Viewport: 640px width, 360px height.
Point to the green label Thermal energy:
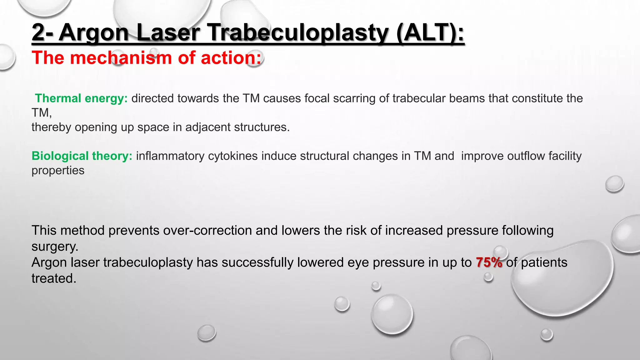tap(81, 98)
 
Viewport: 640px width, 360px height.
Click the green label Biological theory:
tap(82, 156)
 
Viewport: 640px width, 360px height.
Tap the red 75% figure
tap(489, 262)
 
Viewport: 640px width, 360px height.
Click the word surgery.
tap(55, 247)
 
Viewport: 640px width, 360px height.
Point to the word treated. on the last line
tap(54, 278)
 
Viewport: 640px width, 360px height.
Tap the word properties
tap(58, 171)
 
